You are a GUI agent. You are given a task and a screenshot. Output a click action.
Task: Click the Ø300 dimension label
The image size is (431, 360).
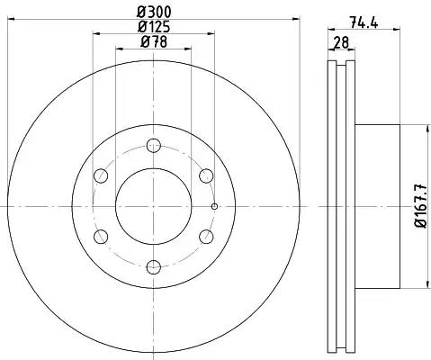pos(154,13)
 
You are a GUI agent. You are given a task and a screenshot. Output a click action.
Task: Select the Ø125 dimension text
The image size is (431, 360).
pos(154,27)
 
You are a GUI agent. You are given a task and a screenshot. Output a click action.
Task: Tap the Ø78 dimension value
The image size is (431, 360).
pos(154,41)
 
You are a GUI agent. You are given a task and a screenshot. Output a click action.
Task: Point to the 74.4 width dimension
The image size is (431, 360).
pos(364,22)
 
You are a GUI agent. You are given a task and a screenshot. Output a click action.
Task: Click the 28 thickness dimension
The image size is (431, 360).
pos(341,42)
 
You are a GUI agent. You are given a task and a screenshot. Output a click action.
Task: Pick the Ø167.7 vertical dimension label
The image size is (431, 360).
pos(420,206)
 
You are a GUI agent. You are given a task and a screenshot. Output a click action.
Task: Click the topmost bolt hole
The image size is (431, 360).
pos(154,146)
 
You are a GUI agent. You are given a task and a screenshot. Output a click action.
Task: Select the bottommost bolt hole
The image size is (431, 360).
pos(154,267)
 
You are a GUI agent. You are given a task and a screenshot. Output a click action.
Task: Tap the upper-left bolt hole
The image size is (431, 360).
pos(101,175)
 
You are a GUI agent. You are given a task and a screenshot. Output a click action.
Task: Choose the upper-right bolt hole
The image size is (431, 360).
pos(206,175)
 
